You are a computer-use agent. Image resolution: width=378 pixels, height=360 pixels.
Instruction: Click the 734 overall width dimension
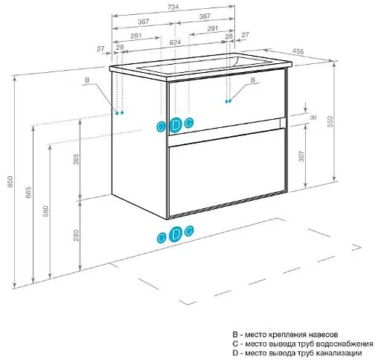[173, 7]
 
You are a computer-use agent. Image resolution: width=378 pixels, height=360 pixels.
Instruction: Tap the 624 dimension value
[175, 42]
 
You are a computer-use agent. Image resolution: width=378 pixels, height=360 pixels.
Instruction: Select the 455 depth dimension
[298, 51]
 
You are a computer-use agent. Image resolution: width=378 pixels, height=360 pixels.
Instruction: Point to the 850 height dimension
[10, 181]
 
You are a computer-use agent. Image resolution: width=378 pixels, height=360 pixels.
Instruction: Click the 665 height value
[28, 192]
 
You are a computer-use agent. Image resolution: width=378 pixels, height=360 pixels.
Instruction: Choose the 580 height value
[46, 211]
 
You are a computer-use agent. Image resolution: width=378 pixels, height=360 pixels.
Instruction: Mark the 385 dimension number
[76, 159]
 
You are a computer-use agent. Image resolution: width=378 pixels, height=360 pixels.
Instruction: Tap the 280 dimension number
[76, 235]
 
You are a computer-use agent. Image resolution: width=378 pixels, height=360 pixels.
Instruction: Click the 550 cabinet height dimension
[330, 121]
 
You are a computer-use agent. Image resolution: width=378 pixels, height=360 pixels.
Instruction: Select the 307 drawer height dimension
[301, 156]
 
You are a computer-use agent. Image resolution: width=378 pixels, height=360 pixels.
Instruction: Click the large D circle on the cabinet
[176, 126]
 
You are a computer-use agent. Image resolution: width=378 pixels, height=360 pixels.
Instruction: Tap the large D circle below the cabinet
[176, 234]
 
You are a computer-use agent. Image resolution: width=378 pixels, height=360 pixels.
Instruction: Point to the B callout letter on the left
[87, 80]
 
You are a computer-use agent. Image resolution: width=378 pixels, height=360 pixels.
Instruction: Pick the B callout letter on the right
[252, 80]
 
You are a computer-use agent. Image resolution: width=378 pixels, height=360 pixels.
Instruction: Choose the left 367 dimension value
[144, 22]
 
